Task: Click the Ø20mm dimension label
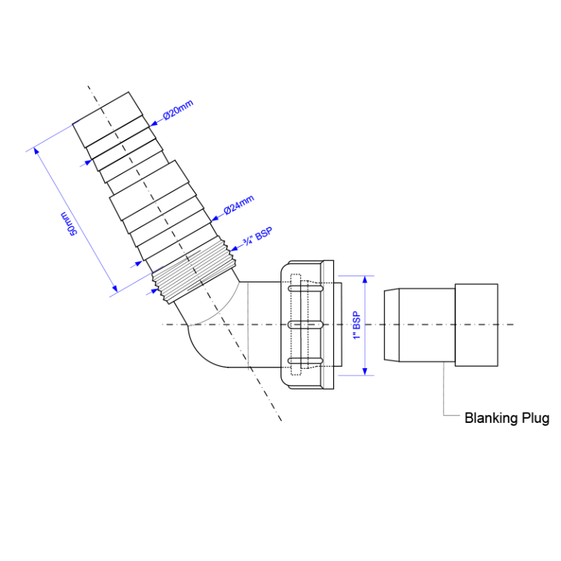pyautogui.click(x=178, y=110)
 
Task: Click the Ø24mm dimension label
pyautogui.click(x=239, y=205)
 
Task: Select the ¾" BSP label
pyautogui.click(x=258, y=237)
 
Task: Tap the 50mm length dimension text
pyautogui.click(x=68, y=224)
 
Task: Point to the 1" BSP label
pyautogui.click(x=356, y=325)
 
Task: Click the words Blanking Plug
pyautogui.click(x=507, y=418)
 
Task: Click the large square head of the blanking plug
pyautogui.click(x=476, y=325)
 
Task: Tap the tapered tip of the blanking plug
pyautogui.click(x=392, y=325)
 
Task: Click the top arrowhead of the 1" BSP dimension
pyautogui.click(x=365, y=280)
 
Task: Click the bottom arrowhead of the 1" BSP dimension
pyautogui.click(x=365, y=371)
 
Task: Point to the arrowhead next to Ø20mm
pyautogui.click(x=153, y=123)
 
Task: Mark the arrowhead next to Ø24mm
pyautogui.click(x=215, y=218)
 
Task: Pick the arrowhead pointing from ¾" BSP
pyautogui.click(x=234, y=248)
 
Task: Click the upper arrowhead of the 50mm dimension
pyautogui.click(x=36, y=150)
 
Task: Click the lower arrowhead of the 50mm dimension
pyautogui.click(x=114, y=289)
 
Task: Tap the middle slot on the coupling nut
pyautogui.click(x=306, y=324)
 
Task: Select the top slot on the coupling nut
pyautogui.click(x=306, y=289)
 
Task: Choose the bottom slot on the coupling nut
pyautogui.click(x=306, y=361)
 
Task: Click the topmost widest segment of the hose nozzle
pyautogui.click(x=107, y=120)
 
